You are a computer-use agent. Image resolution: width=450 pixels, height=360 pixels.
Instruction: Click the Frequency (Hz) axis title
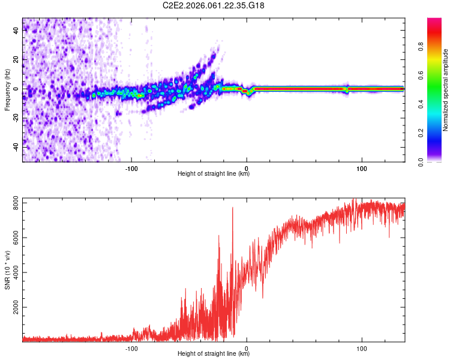click(x=7, y=89)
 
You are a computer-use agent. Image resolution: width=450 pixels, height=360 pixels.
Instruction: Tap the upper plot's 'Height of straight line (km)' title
click(x=214, y=175)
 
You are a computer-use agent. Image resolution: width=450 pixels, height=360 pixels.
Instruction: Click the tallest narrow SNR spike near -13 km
click(x=233, y=208)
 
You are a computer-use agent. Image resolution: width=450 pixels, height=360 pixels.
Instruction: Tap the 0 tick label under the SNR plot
click(x=246, y=349)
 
